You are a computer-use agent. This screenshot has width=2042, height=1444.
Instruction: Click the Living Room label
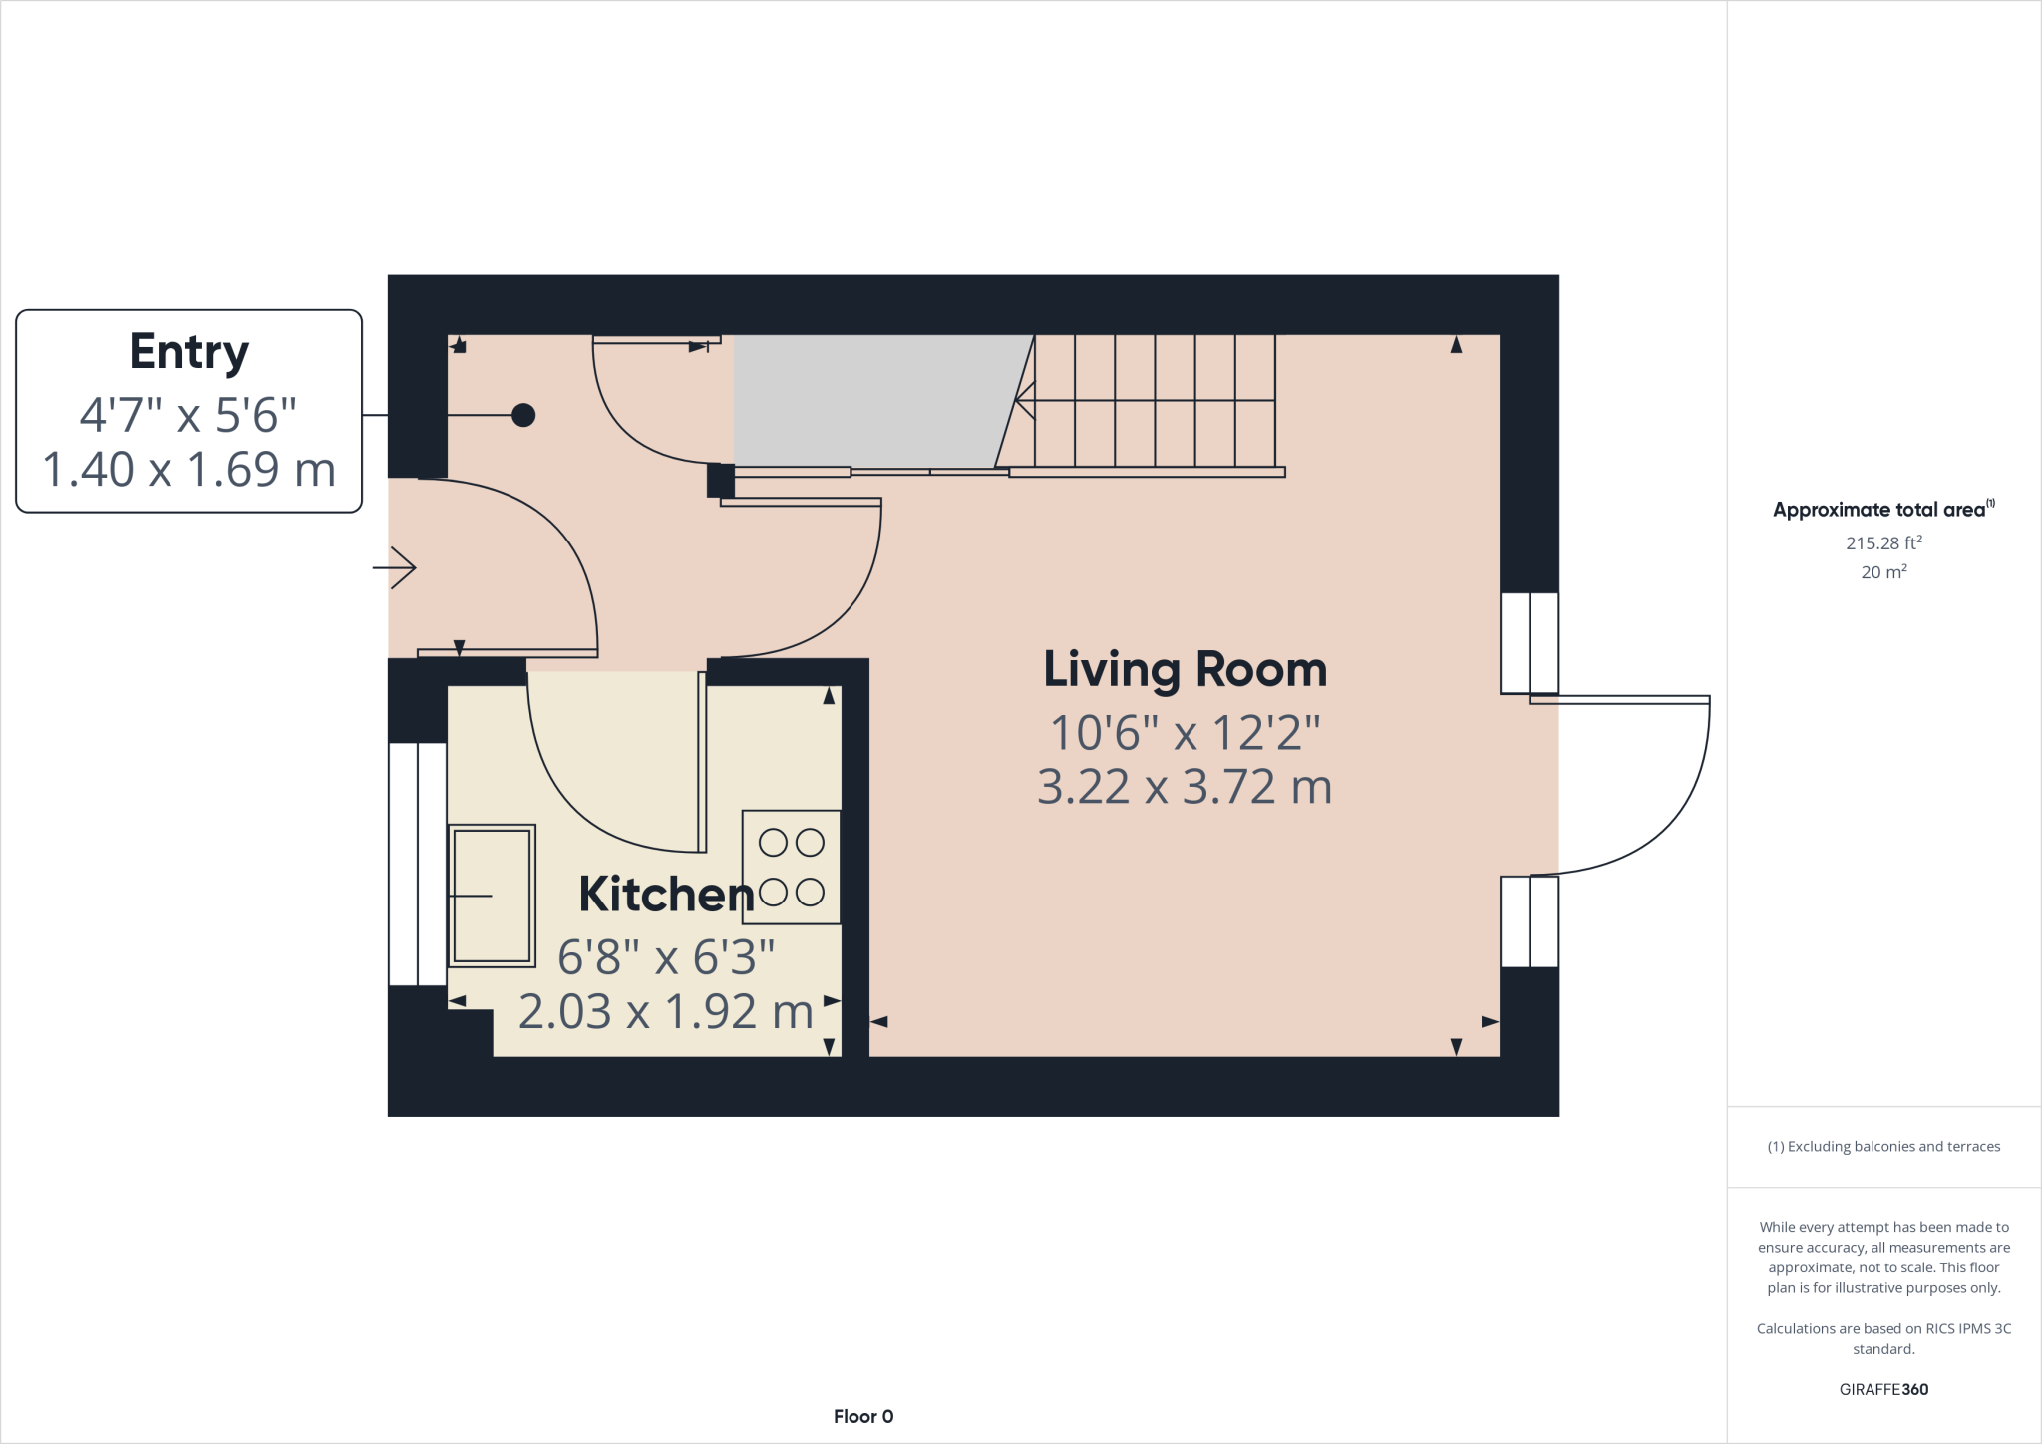pyautogui.click(x=1185, y=670)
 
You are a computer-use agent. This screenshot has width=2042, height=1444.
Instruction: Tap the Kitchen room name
pyautogui.click(x=666, y=894)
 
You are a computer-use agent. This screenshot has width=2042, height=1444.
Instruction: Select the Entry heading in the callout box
pyautogui.click(x=188, y=352)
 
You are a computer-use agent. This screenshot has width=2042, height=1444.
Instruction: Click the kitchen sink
pyautogui.click(x=492, y=896)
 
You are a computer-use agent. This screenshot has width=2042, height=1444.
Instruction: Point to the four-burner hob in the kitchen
pyautogui.click(x=792, y=867)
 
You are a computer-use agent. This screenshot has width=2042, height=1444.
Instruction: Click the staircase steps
pyautogui.click(x=1155, y=401)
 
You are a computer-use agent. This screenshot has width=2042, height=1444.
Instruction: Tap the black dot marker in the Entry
pyautogui.click(x=523, y=415)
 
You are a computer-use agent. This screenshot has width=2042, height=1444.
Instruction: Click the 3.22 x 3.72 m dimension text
pyautogui.click(x=1185, y=787)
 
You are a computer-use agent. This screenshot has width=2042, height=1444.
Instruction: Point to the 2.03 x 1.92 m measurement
pyautogui.click(x=666, y=1011)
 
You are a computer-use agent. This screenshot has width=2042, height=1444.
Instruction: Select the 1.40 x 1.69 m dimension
pyautogui.click(x=188, y=469)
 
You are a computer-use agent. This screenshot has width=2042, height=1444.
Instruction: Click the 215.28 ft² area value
pyautogui.click(x=1883, y=542)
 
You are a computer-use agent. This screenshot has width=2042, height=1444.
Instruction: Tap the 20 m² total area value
pyautogui.click(x=1883, y=571)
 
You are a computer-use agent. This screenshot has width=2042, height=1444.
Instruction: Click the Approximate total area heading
pyautogui.click(x=1883, y=509)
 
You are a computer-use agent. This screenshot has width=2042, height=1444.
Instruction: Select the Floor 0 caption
pyautogui.click(x=863, y=1416)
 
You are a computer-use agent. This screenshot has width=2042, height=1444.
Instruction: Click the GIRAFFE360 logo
pyautogui.click(x=1883, y=1389)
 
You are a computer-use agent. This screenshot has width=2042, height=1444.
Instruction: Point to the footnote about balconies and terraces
pyautogui.click(x=1883, y=1146)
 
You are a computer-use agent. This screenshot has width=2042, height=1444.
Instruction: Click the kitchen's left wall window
pyautogui.click(x=418, y=864)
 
